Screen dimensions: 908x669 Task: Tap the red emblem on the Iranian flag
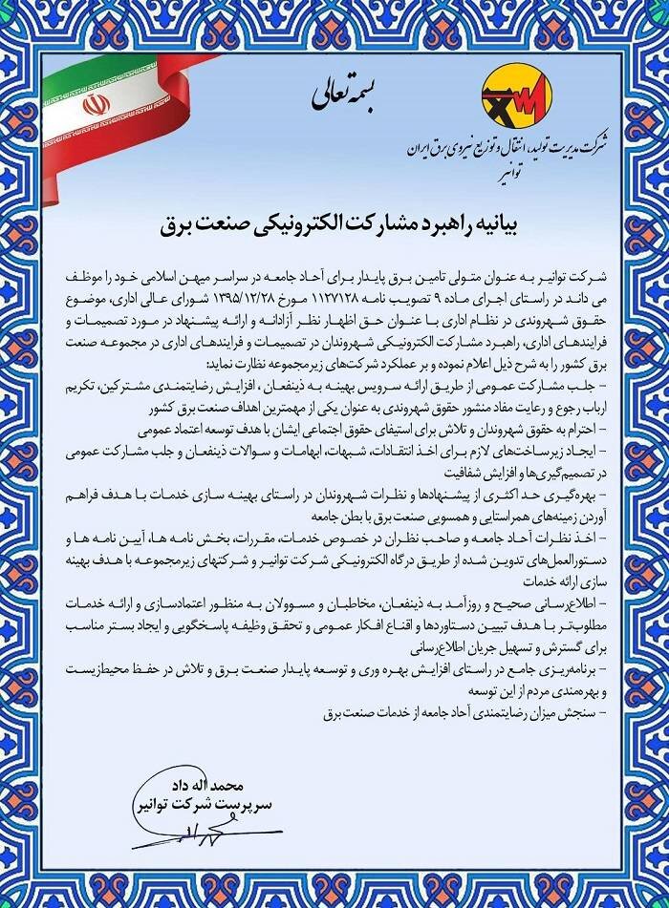[97, 103]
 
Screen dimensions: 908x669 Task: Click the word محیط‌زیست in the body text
[112, 674]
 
